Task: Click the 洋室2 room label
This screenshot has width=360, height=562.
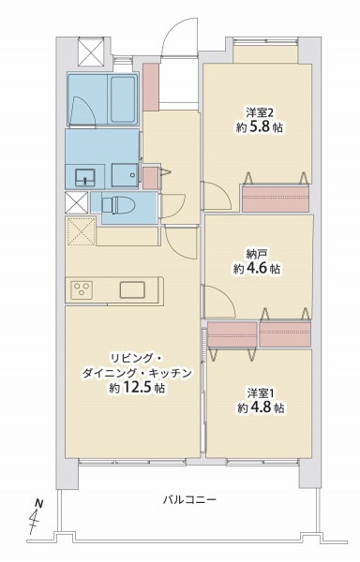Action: tap(254, 108)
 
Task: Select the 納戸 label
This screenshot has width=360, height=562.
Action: tap(256, 252)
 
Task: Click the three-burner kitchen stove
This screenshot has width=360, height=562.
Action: tap(81, 290)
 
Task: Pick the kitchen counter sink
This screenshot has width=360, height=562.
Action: tap(130, 289)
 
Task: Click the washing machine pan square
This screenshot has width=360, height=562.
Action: tap(123, 175)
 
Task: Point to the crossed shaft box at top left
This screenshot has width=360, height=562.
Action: tap(92, 52)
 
